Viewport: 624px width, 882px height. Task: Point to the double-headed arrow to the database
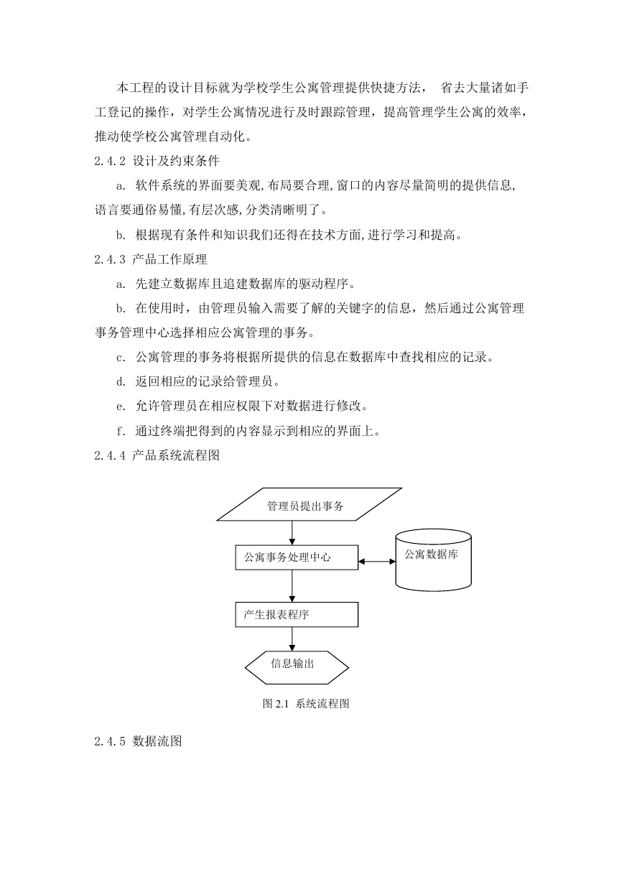(x=377, y=562)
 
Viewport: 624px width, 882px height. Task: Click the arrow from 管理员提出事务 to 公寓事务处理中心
(x=292, y=533)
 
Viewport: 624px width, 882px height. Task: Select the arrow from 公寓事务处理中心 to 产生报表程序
(x=292, y=586)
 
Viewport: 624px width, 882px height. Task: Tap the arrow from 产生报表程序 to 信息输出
(x=292, y=639)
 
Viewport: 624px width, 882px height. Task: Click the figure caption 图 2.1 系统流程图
(x=306, y=704)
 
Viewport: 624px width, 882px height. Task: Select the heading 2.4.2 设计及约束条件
(x=157, y=161)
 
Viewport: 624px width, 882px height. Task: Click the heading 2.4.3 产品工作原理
(x=150, y=259)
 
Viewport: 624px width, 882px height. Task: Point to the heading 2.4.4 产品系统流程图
(x=157, y=455)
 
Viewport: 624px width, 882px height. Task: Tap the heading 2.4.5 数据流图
(x=138, y=741)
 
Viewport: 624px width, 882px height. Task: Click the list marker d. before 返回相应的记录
(x=121, y=382)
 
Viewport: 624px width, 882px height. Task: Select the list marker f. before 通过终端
(x=121, y=431)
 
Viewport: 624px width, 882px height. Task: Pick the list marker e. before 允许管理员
(x=121, y=407)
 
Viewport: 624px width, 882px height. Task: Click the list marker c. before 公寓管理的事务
(x=121, y=358)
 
